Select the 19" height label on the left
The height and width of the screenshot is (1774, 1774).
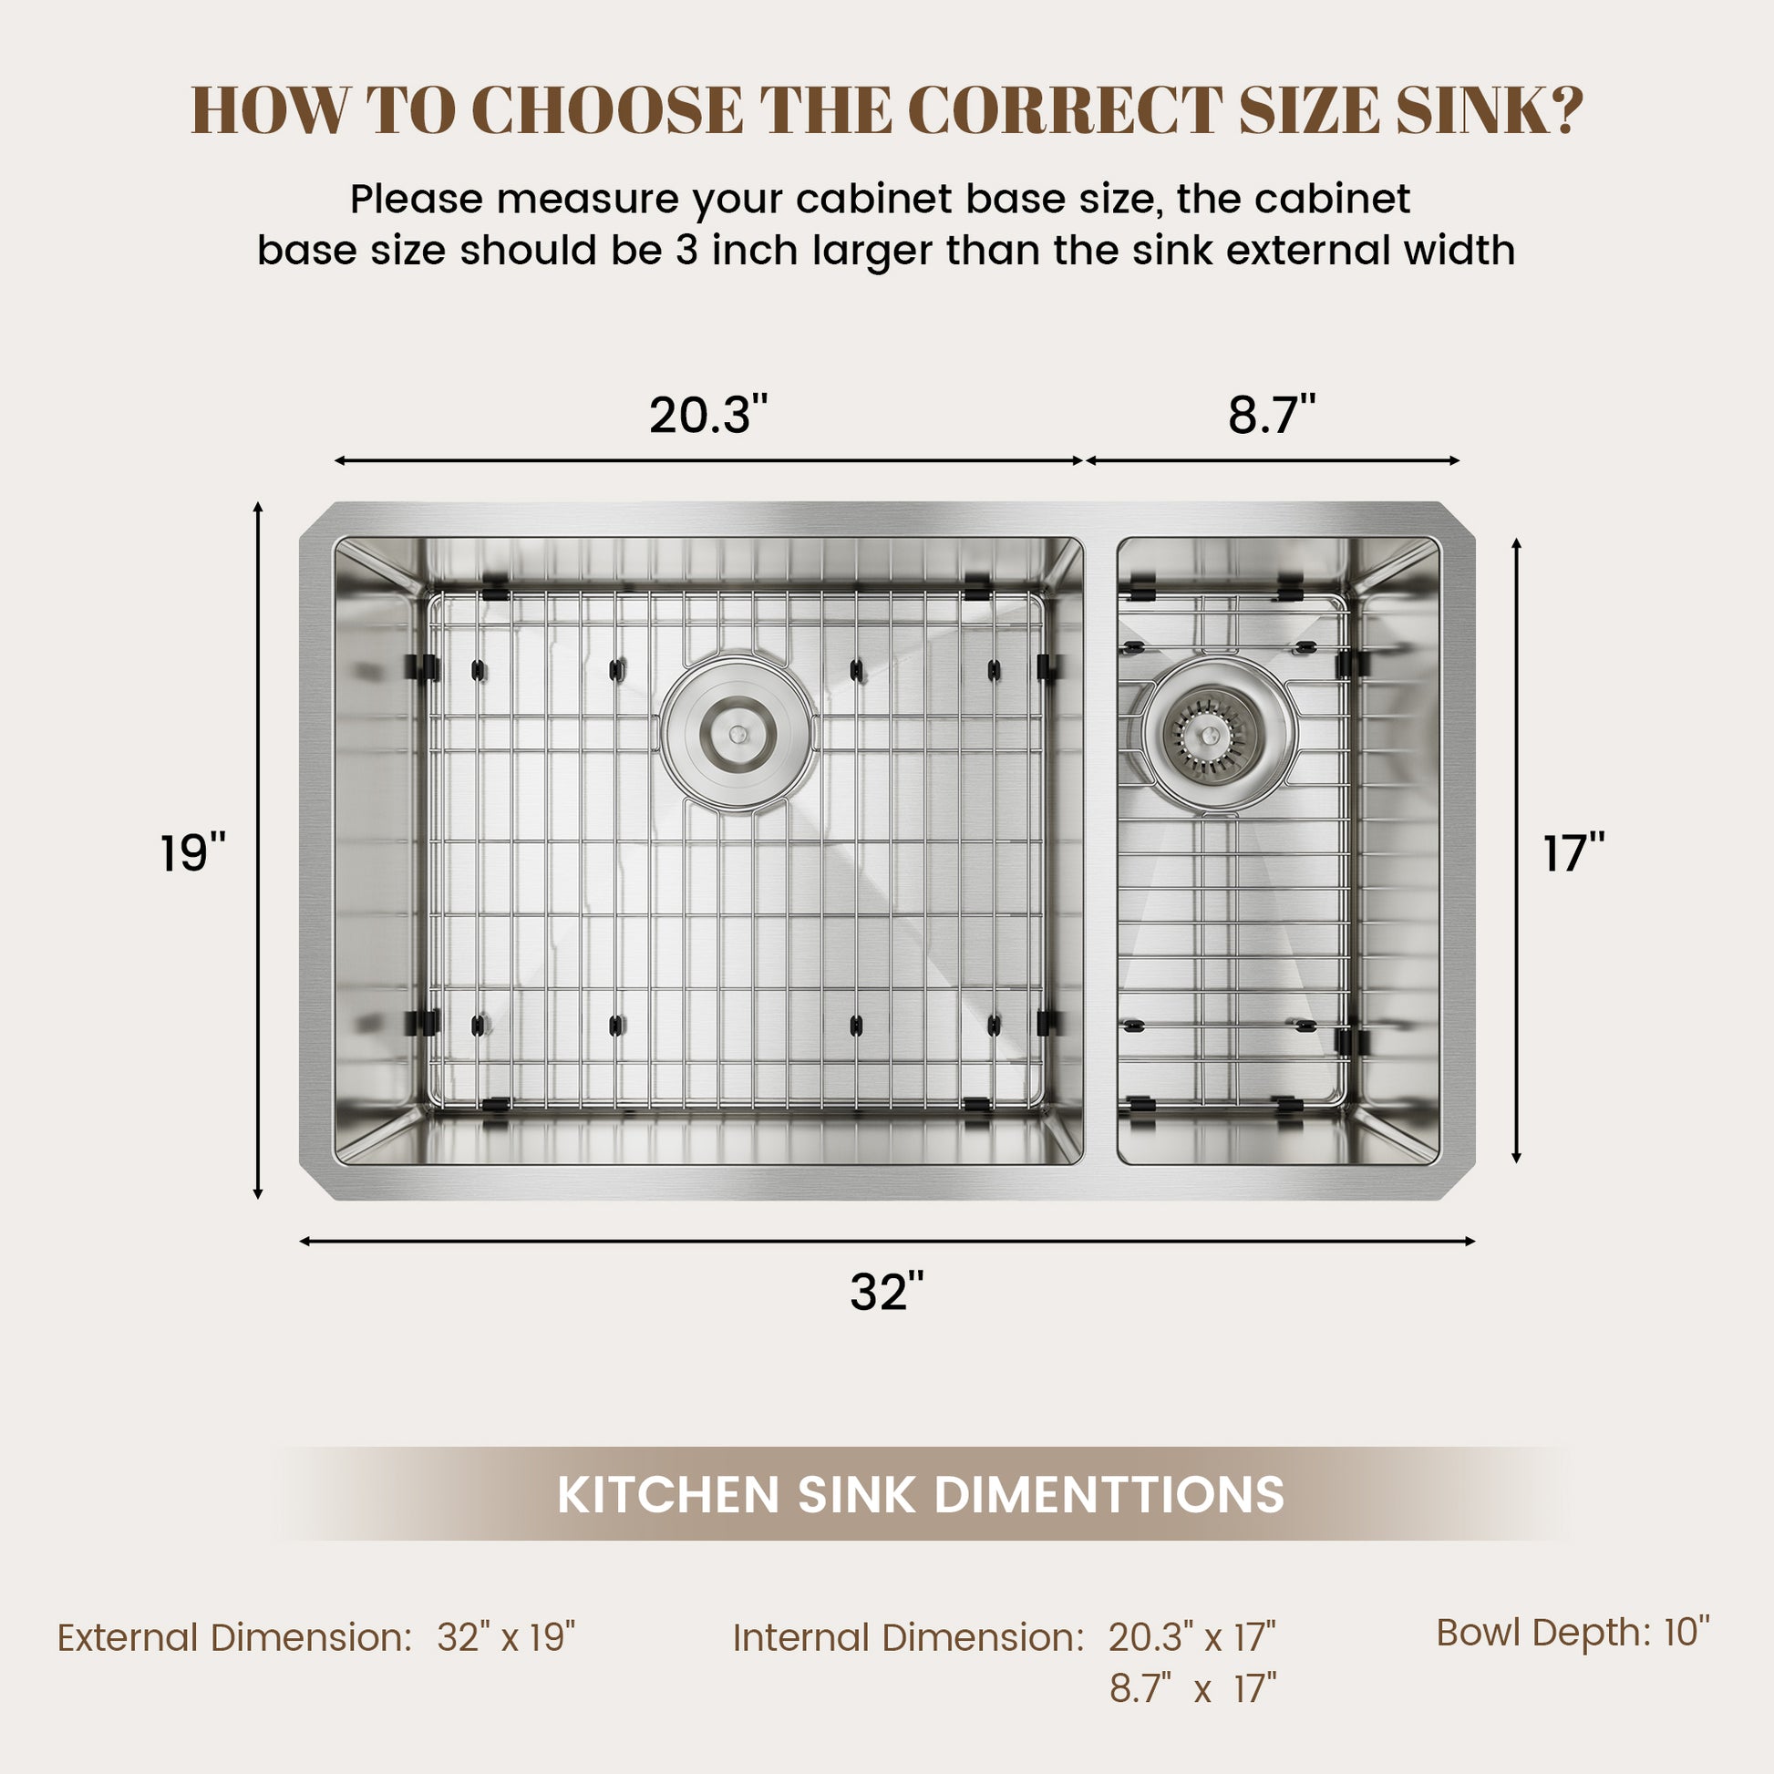point(193,853)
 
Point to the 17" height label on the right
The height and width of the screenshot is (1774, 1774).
point(1573,853)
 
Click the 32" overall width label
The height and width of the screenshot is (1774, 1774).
point(886,1292)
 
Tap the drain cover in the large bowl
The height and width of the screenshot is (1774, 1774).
point(737,734)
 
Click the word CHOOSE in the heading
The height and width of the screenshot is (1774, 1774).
point(607,110)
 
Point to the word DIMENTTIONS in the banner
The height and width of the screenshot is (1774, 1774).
point(1109,1494)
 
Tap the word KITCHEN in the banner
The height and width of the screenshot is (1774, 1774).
point(668,1494)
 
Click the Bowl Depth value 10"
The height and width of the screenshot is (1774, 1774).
point(1686,1632)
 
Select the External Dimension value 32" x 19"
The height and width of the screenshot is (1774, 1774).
point(506,1637)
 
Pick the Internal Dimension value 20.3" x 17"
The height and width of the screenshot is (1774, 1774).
point(1191,1637)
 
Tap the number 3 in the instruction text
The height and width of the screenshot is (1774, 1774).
point(687,251)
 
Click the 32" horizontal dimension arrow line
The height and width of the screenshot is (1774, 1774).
point(887,1242)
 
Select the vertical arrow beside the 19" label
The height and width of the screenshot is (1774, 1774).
point(258,851)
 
